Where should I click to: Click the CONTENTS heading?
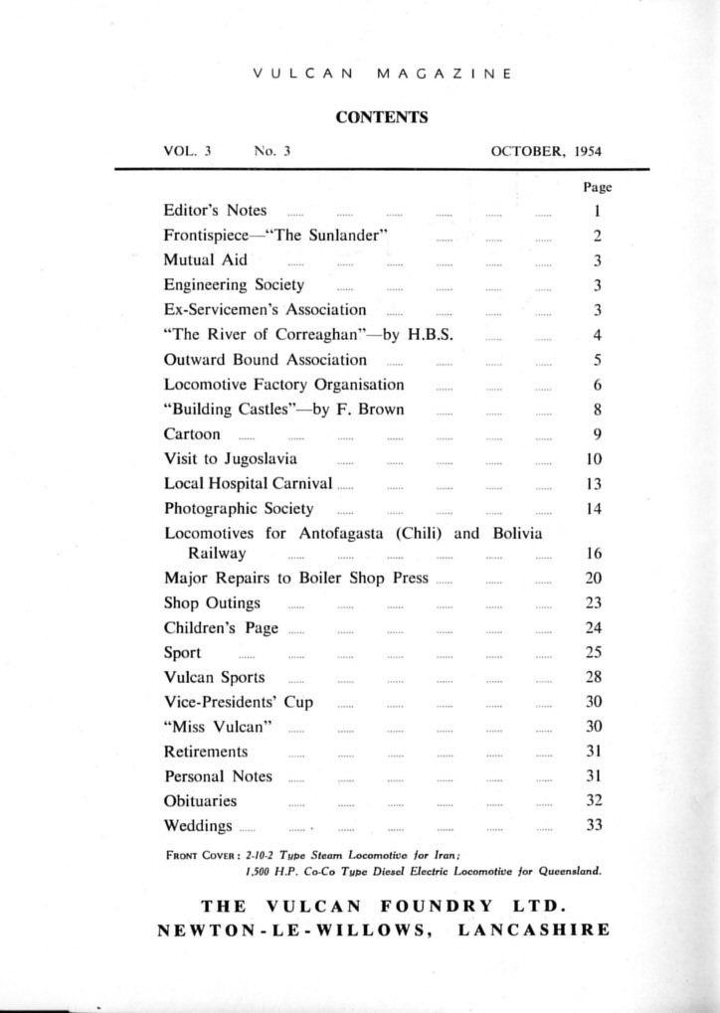[382, 117]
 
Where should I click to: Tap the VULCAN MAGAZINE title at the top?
[382, 74]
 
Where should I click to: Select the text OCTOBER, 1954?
[546, 152]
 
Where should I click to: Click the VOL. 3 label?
[187, 152]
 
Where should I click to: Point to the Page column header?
[597, 187]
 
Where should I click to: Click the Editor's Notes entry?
[215, 211]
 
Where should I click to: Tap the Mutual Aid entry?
[206, 260]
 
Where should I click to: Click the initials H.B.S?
[431, 335]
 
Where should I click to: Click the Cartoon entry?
[193, 434]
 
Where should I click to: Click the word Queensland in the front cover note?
[567, 870]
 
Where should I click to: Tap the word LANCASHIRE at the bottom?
[534, 930]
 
